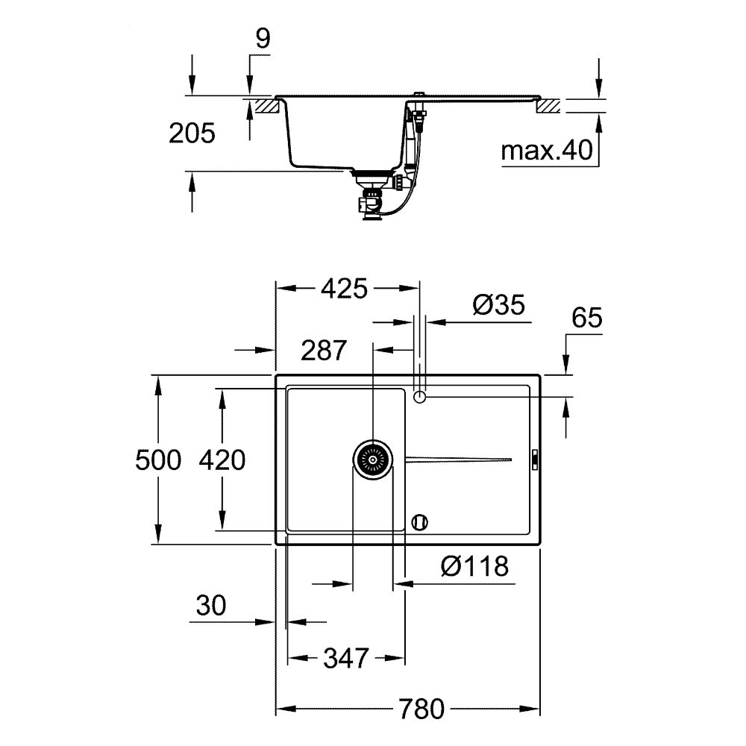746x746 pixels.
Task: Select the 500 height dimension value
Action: tap(158, 460)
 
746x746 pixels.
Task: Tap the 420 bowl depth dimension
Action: tap(222, 460)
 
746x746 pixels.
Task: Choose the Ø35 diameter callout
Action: tap(498, 304)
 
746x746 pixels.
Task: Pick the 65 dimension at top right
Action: tap(586, 318)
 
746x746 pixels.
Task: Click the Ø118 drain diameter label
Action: tap(474, 567)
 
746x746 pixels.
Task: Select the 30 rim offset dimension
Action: tap(211, 606)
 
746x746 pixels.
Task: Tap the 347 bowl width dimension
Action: tap(346, 658)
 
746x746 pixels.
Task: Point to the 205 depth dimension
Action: tap(192, 134)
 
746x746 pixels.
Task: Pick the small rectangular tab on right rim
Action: tap(534, 460)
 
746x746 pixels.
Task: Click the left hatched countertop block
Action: tap(266, 105)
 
